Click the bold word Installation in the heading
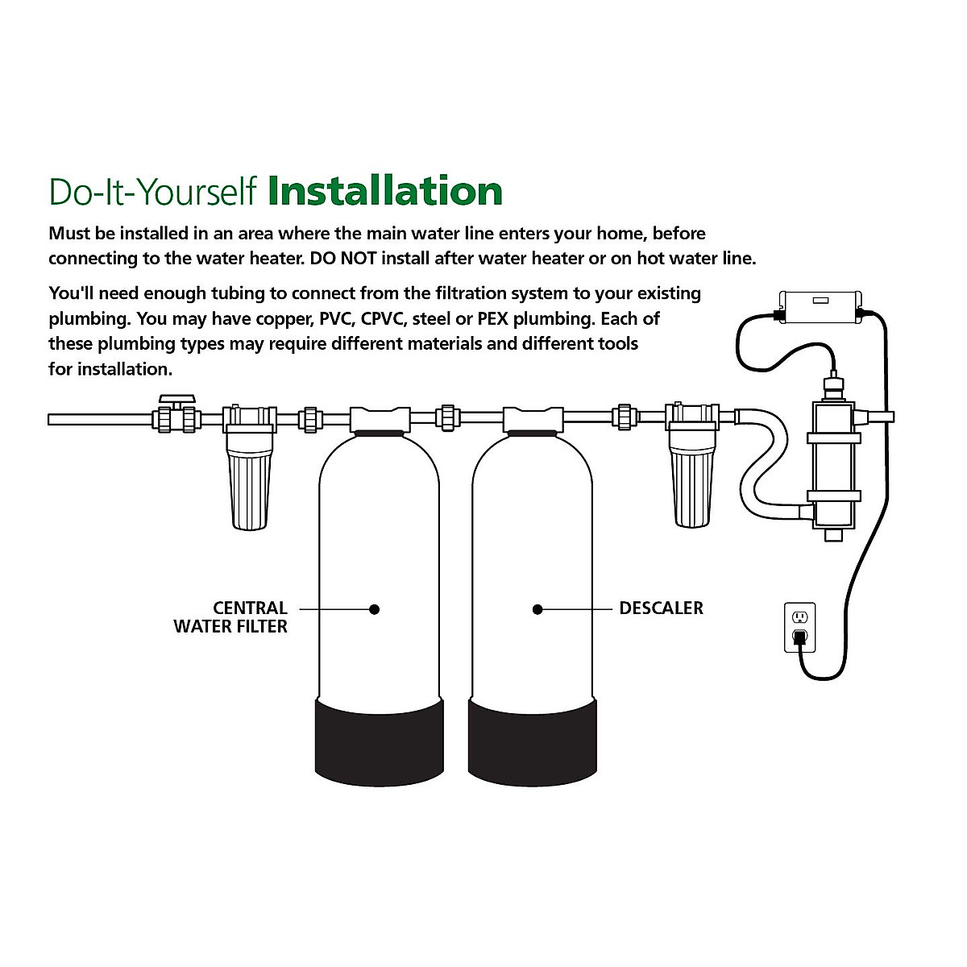[385, 192]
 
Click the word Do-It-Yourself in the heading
[153, 192]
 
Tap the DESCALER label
[661, 608]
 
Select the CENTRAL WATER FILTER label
[230, 617]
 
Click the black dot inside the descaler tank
[537, 609]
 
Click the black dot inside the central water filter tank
[374, 609]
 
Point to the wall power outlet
[799, 627]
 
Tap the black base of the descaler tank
[533, 737]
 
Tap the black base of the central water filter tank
[379, 737]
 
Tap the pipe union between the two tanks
[447, 418]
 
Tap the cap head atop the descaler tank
[533, 419]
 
